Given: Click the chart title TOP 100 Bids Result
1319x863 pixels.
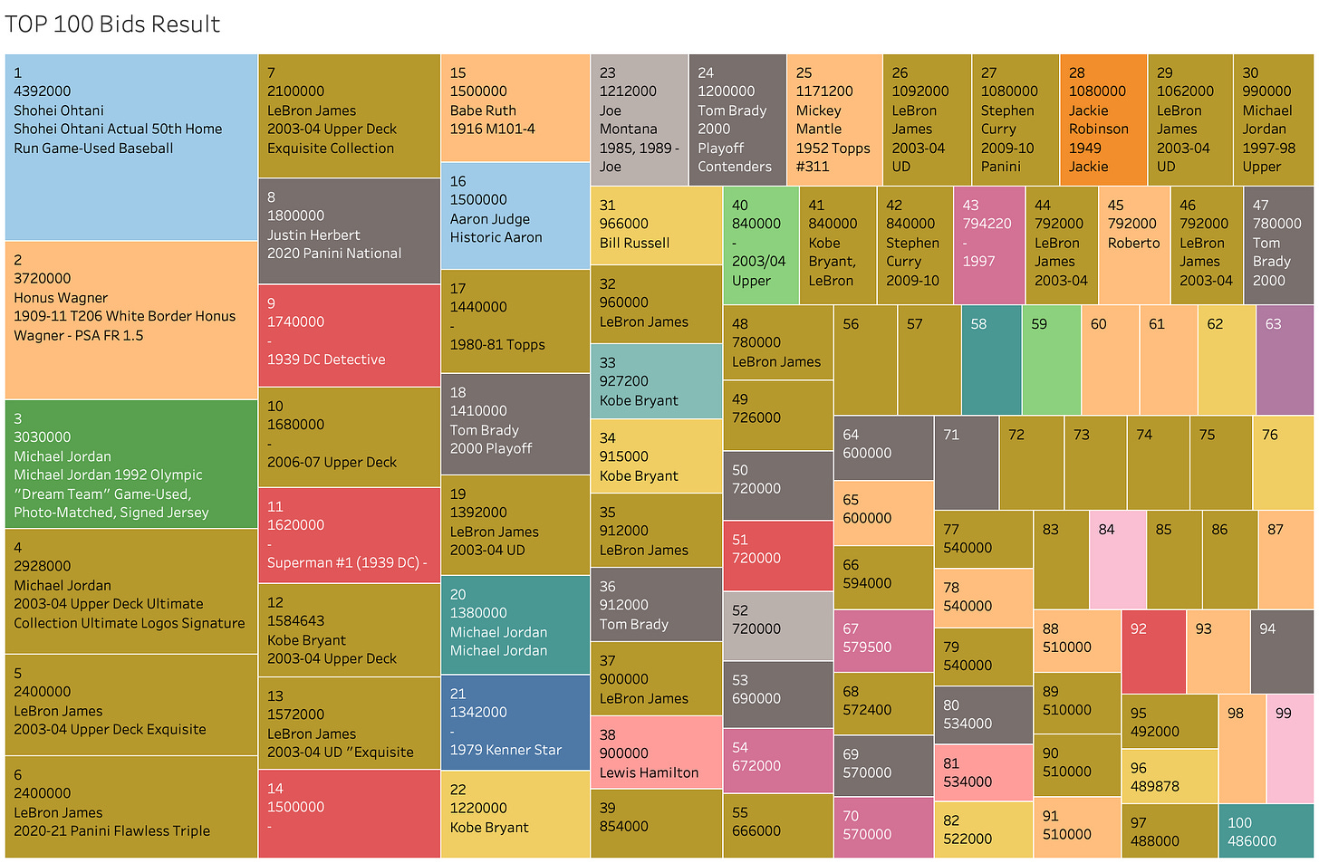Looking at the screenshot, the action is coord(112,24).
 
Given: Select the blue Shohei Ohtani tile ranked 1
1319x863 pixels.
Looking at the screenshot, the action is coord(131,148).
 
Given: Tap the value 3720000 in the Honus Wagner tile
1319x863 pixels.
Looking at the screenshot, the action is coord(43,278).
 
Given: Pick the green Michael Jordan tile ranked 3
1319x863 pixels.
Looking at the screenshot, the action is coord(131,464).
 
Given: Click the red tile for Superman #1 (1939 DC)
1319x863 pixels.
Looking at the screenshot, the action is coord(349,535).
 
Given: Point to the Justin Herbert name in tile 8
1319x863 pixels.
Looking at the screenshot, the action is coord(313,235).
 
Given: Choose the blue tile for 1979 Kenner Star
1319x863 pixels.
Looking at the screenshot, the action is coord(515,723).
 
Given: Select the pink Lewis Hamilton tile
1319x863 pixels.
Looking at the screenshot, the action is coord(656,752).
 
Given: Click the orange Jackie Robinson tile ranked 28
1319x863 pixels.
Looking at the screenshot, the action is coord(1103,120).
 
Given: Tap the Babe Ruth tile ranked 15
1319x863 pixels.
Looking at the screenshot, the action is coord(515,108).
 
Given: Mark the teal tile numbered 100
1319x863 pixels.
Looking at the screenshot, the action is coord(1266,830).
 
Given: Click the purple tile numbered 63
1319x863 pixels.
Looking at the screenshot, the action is coord(1285,360).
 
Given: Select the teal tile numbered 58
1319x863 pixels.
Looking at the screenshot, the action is coord(992,360).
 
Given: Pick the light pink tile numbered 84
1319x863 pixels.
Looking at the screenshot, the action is coord(1118,560).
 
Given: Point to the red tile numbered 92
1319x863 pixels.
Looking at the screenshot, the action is coord(1153,652).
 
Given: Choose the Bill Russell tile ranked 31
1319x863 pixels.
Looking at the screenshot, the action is coord(656,225).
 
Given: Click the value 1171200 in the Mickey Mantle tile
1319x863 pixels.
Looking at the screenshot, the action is coord(824,91).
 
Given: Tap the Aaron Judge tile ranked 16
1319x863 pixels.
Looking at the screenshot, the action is coord(515,216).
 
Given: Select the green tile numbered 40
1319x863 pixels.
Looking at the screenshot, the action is coord(761,245).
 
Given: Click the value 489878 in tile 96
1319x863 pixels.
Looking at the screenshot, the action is coord(1155,786).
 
